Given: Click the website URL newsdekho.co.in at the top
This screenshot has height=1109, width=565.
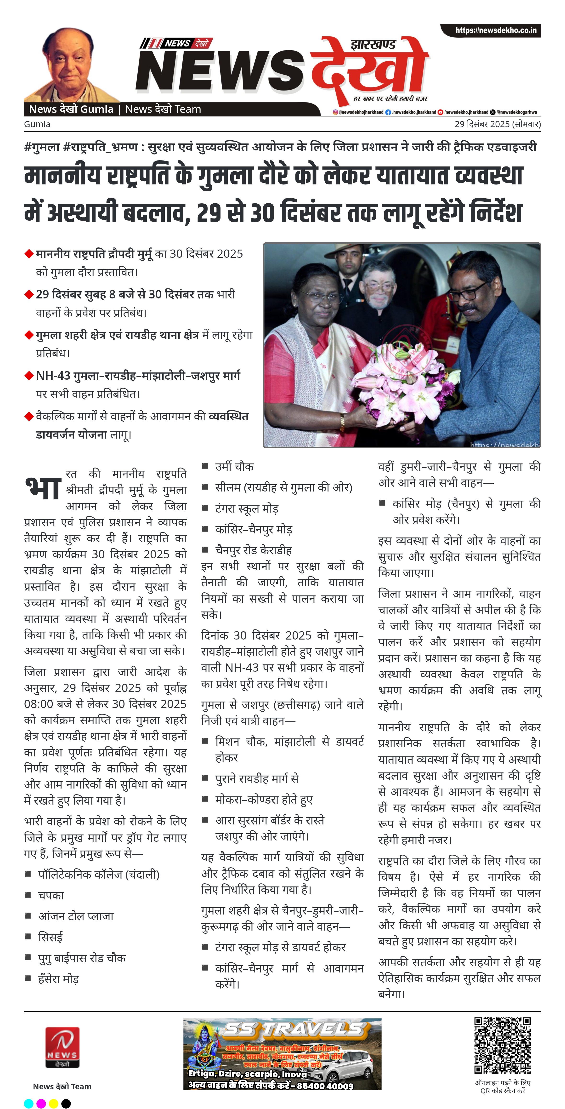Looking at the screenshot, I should click(x=496, y=30).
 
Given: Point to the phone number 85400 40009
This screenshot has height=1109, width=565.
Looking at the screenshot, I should click(x=325, y=1086).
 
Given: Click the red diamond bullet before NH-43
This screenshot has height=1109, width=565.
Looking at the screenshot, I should click(x=29, y=376).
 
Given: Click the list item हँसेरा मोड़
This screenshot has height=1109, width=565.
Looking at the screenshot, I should click(x=58, y=979).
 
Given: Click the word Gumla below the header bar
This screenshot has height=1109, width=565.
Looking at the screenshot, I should click(x=37, y=124).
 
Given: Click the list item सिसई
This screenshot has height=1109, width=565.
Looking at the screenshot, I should click(x=50, y=937).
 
